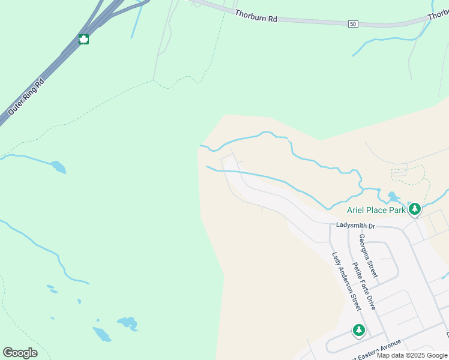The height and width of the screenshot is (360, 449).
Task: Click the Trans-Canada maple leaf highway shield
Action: tap(84, 40)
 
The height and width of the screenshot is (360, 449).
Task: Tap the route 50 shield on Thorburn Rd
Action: tap(352, 23)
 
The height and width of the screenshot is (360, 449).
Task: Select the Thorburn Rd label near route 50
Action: tap(256, 16)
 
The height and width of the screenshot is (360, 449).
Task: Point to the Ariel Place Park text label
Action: tap(376, 210)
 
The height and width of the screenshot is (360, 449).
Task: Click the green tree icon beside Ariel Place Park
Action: tap(414, 209)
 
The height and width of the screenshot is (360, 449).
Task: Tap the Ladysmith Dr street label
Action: tap(355, 226)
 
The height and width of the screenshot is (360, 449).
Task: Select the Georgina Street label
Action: tap(369, 255)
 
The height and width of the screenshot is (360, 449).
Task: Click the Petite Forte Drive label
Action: tap(364, 286)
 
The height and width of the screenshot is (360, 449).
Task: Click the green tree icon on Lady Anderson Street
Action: tap(358, 330)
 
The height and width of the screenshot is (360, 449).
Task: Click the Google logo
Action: tap(20, 353)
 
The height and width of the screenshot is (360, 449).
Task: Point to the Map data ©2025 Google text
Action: tap(412, 355)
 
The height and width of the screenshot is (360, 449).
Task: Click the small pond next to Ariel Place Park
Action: tap(393, 196)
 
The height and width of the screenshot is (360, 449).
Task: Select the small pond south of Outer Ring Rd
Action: tap(58, 166)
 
